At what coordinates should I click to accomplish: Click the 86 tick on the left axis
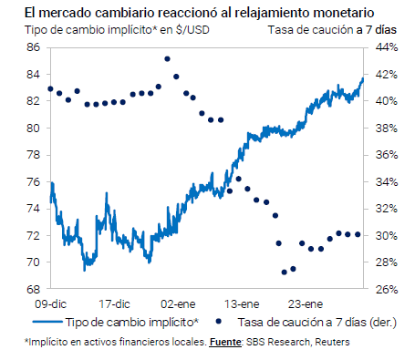[x=33, y=47]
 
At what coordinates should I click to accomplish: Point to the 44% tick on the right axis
[x=387, y=47]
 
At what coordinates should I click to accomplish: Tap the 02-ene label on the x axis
[x=178, y=304]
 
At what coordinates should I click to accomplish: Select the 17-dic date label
[x=114, y=304]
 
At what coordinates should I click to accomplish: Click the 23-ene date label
[x=306, y=304]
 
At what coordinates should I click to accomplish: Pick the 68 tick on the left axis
[x=33, y=289]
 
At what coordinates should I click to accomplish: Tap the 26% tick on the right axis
[x=387, y=289]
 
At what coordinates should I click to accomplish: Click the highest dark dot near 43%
[x=167, y=59]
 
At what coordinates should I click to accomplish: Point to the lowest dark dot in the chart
[x=285, y=273]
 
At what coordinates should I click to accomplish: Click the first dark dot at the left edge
[x=50, y=89]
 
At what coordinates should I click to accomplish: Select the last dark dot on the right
[x=358, y=234]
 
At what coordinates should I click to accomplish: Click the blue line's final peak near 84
[x=362, y=78]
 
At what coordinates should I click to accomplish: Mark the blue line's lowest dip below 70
[x=84, y=270]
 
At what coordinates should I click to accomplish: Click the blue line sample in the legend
[x=47, y=322]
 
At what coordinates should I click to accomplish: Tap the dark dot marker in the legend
[x=218, y=321]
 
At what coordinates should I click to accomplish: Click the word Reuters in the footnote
[x=332, y=342]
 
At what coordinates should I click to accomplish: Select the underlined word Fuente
[x=225, y=343]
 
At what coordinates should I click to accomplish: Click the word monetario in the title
[x=344, y=13]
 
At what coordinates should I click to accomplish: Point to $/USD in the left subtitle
[x=192, y=30]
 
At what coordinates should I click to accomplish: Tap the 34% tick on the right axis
[x=387, y=182]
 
